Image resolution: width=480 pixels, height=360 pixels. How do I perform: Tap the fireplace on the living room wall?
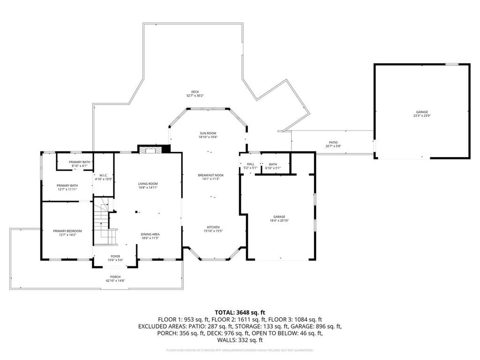tap(150, 149)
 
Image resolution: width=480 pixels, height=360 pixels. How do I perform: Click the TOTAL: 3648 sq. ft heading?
tap(240, 312)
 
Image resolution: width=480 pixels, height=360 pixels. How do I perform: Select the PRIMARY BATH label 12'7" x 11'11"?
tap(67, 187)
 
